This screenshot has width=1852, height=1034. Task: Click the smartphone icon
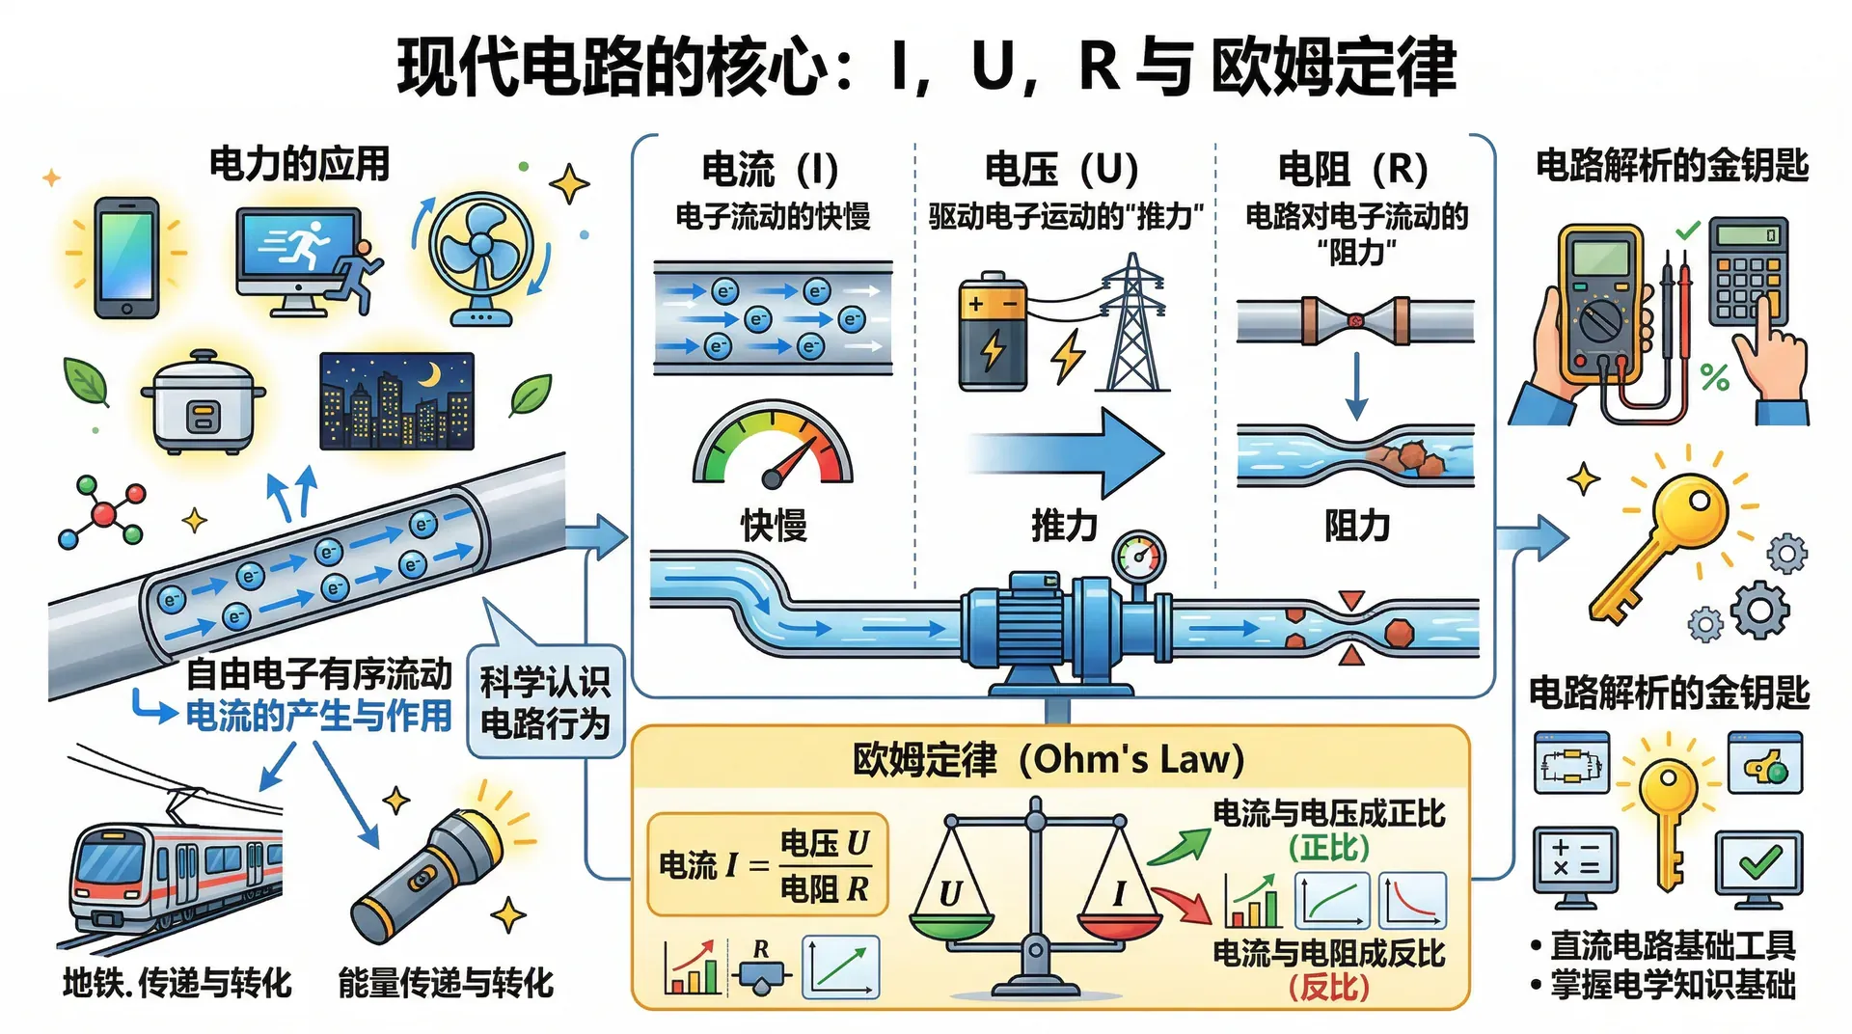coord(126,258)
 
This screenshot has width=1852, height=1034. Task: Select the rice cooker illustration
coord(203,403)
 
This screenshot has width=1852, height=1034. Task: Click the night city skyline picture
coord(396,401)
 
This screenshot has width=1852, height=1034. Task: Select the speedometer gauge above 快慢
coord(773,447)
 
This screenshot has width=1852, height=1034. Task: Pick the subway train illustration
coord(174,873)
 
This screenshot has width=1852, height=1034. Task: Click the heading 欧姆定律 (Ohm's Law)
coord(1049,760)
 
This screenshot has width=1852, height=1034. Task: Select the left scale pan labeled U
coord(951,921)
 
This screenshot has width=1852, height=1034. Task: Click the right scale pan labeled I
coord(1119,921)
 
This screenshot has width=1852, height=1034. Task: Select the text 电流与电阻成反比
coord(1328,953)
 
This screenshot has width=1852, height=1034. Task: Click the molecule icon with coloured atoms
coord(102,512)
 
